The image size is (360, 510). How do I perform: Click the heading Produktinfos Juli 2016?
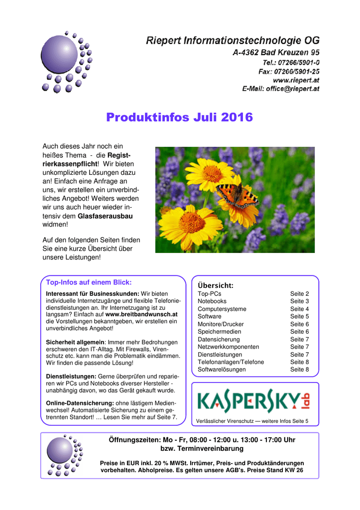pyautogui.click(x=179, y=118)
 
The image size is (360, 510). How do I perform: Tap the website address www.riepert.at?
pyautogui.click(x=296, y=80)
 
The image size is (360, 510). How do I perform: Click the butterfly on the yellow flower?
pyautogui.click(x=237, y=195)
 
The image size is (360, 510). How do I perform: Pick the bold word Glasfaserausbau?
pyautogui.click(x=109, y=217)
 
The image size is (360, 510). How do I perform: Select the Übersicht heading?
pyautogui.click(x=215, y=285)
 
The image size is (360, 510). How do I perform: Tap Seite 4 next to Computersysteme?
pyautogui.click(x=300, y=309)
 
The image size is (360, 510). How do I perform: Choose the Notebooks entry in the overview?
pyautogui.click(x=212, y=301)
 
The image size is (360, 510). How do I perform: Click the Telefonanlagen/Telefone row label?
pyautogui.click(x=231, y=362)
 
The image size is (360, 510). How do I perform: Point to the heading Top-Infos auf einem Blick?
pyautogui.click(x=89, y=282)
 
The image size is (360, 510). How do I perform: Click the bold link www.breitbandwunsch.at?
pyautogui.click(x=141, y=315)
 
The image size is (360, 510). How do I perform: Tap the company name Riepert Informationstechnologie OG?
pyautogui.click(x=233, y=40)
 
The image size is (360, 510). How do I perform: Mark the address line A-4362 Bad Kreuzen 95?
pyautogui.click(x=277, y=52)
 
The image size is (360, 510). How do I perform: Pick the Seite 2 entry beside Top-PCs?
pyautogui.click(x=300, y=294)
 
